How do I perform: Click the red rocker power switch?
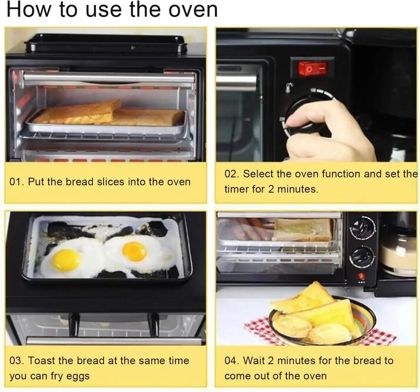(x=313, y=68)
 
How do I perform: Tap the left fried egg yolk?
(x=66, y=260)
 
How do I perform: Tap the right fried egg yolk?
(x=135, y=251)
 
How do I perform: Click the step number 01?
(x=16, y=182)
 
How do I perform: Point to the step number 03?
(x=17, y=361)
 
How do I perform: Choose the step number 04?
(x=232, y=360)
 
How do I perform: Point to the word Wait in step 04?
(x=255, y=360)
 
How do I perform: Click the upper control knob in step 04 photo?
(x=363, y=228)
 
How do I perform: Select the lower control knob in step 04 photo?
(x=362, y=257)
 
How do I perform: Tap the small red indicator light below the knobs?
(x=361, y=276)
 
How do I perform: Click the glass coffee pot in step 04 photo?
(x=397, y=250)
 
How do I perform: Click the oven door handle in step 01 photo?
(x=109, y=78)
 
